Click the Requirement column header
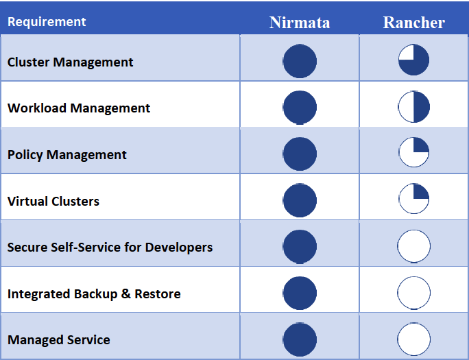(x=47, y=21)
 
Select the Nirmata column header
(x=300, y=22)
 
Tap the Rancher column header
(x=413, y=22)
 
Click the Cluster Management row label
(x=71, y=62)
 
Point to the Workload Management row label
(x=79, y=108)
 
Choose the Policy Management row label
(x=67, y=154)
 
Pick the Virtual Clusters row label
(x=53, y=201)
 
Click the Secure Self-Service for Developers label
(x=110, y=247)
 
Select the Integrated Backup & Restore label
(x=94, y=293)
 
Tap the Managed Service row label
(x=59, y=339)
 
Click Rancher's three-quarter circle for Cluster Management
(x=413, y=60)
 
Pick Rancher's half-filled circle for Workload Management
(x=413, y=107)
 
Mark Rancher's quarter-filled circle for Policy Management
(x=413, y=153)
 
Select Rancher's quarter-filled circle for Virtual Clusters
(x=413, y=200)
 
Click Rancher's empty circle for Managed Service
(x=413, y=339)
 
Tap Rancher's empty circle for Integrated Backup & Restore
(x=413, y=293)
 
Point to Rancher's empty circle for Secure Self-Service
(x=413, y=246)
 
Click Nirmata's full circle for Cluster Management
(x=300, y=60)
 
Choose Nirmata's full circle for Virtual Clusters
(x=300, y=200)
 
